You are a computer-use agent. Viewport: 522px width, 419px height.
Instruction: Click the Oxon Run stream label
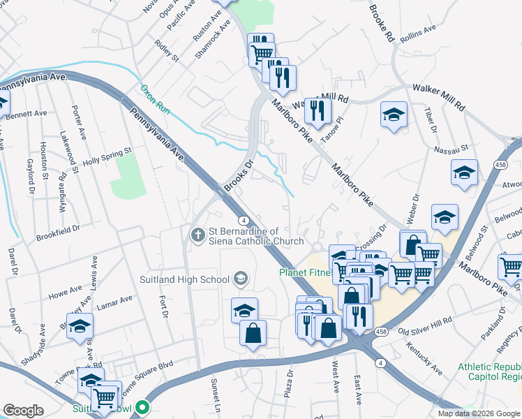pos(155,99)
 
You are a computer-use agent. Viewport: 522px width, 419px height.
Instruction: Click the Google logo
pos(23,411)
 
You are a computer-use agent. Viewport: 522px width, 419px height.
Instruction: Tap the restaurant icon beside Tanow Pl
pos(318,110)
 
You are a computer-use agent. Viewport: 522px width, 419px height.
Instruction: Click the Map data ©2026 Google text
pos(478,413)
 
